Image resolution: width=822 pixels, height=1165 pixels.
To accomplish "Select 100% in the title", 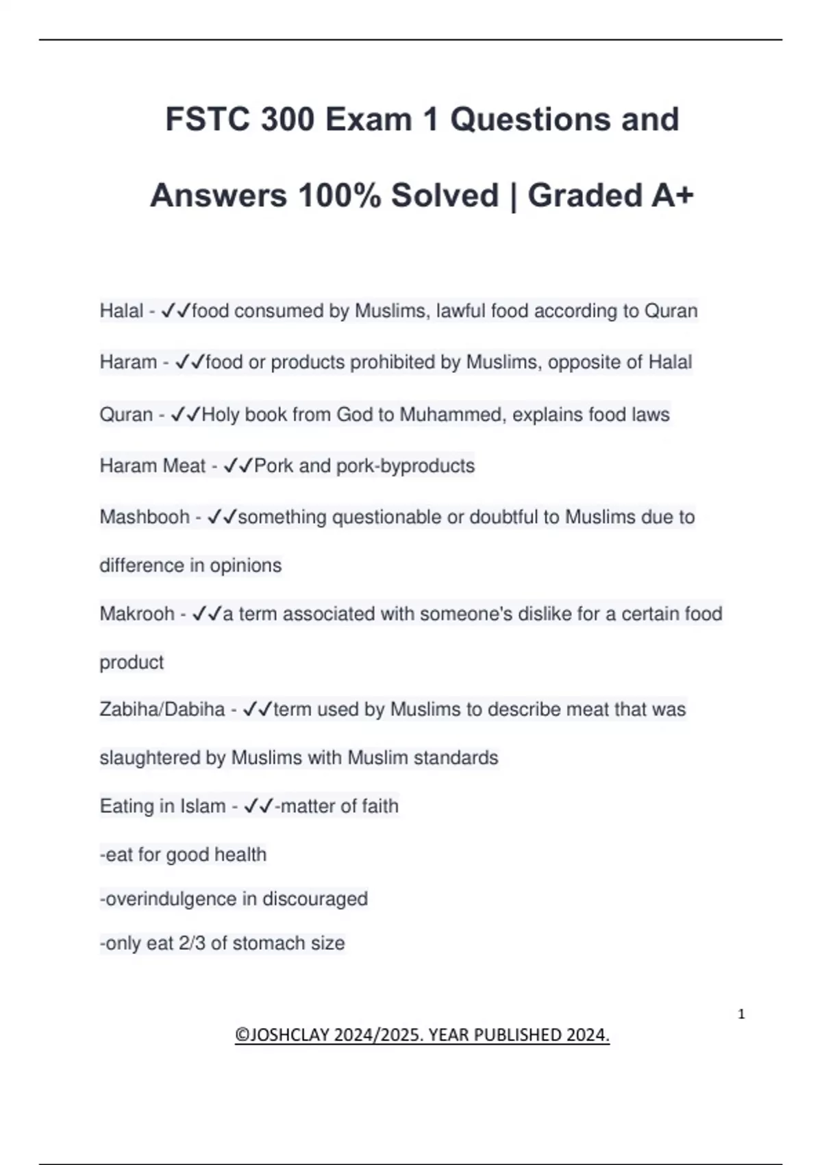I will point(339,196).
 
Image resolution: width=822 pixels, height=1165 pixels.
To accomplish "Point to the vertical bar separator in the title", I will point(513,196).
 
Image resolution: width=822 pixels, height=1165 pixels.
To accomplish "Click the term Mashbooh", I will point(145,517).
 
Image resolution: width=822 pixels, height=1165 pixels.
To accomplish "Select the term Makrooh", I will point(137,613).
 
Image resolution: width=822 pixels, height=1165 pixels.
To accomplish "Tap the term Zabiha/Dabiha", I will point(162,709).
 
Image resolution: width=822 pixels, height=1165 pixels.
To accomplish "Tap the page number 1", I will point(741,1014).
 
